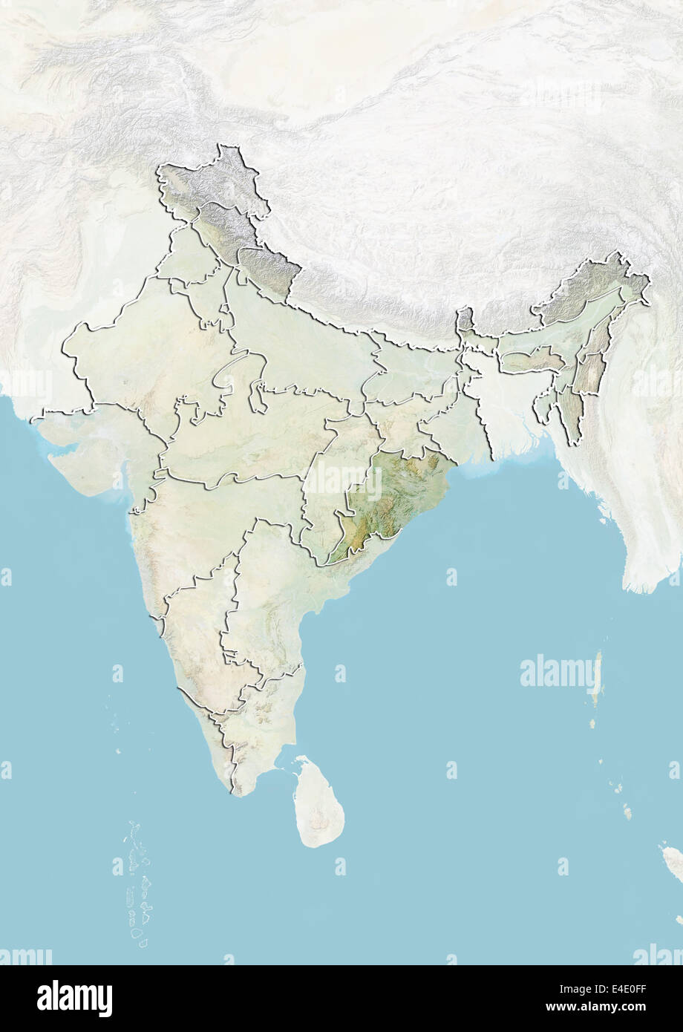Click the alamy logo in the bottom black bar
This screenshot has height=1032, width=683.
[74, 998]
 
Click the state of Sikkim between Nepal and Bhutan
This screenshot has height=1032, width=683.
[465, 320]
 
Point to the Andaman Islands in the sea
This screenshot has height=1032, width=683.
[598, 679]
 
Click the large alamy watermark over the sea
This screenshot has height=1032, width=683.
[561, 673]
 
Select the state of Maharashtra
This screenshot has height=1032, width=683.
[208, 520]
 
